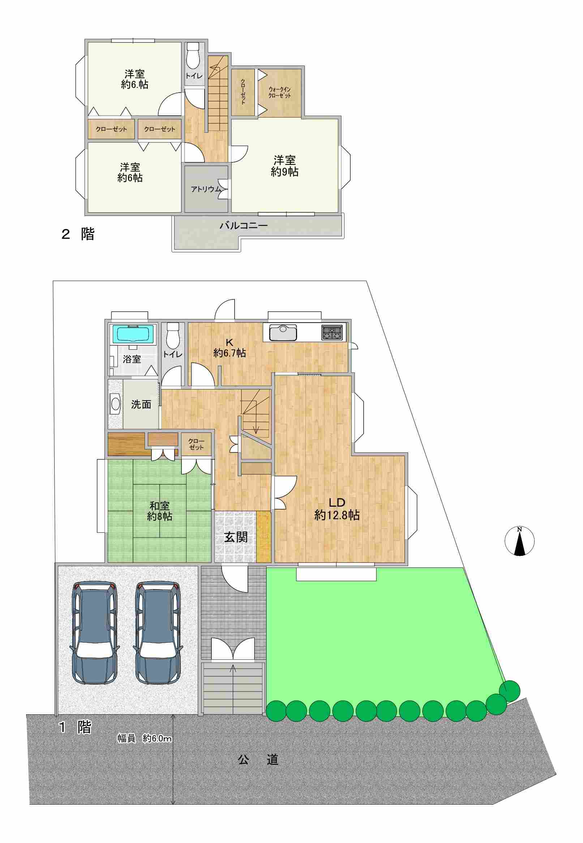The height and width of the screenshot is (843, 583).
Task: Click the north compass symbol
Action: [x=519, y=541]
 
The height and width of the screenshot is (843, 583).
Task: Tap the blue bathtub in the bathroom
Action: [x=132, y=335]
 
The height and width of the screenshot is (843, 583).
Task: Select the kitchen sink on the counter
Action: [x=283, y=332]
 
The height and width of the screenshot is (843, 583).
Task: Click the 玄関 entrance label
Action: [x=236, y=537]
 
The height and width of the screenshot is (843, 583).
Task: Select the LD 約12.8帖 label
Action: [x=337, y=508]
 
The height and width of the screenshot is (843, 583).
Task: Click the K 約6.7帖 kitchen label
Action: [x=230, y=348]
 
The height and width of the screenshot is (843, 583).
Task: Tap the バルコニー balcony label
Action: [x=244, y=225]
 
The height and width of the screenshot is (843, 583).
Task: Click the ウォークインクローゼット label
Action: [x=280, y=92]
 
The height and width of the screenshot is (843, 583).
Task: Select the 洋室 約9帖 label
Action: [x=284, y=166]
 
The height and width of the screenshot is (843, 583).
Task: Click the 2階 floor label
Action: [x=77, y=234]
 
